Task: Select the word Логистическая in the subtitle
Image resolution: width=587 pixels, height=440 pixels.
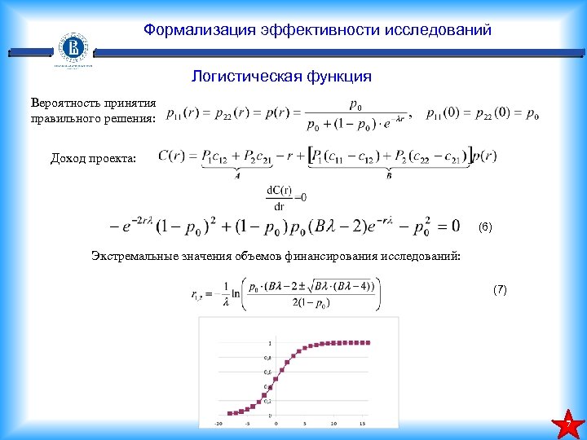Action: coord(236,77)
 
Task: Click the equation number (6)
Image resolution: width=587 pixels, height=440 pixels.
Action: coord(485,225)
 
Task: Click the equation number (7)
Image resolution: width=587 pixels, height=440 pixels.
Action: coord(500,289)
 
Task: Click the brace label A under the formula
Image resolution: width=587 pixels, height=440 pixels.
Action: coord(237,174)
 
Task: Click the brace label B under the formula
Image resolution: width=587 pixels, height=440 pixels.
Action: coord(389,174)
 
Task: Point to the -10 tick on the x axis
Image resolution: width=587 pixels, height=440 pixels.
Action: coord(218,424)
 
